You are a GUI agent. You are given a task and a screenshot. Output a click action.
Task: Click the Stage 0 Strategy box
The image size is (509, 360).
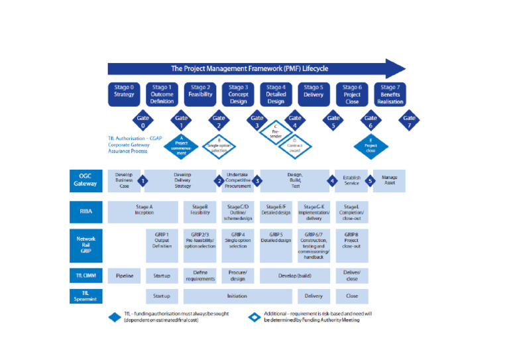123,94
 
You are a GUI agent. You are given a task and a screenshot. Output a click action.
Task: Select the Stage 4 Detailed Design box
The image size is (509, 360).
276,94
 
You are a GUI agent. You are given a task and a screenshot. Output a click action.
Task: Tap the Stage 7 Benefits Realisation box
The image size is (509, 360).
390,94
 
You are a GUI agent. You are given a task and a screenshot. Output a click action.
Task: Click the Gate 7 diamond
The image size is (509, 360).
410,121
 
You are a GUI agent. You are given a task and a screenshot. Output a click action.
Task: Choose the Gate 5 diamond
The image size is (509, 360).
333,121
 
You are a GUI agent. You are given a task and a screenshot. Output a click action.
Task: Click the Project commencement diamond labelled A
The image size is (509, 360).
181,146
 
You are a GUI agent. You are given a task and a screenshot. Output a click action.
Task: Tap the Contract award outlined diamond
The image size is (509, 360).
294,147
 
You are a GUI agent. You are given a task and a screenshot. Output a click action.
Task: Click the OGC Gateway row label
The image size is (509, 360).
85,180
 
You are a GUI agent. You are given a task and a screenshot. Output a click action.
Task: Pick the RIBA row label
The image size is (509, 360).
85,212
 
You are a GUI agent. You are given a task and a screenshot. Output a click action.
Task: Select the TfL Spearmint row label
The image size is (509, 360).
85,296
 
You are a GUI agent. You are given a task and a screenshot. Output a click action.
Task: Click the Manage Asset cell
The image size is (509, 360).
390,180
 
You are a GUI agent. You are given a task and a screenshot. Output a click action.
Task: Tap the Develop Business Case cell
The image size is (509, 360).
124,180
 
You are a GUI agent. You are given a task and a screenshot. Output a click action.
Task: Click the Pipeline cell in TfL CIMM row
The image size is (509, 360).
124,275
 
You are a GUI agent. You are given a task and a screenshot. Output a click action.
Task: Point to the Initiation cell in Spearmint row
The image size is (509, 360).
237,296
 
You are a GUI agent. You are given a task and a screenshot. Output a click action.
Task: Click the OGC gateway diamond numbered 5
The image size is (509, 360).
370,180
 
